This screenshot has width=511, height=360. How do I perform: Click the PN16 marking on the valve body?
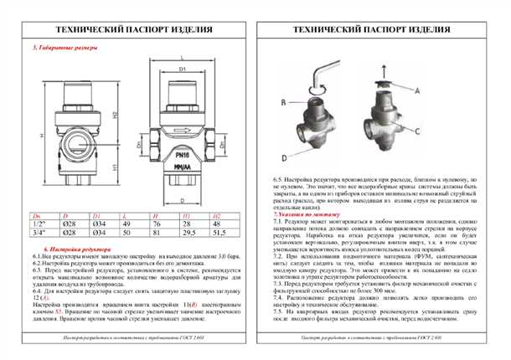coord(185,155)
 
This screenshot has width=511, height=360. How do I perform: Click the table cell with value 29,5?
coord(185,234)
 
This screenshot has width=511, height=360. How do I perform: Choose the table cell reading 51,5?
coord(216,234)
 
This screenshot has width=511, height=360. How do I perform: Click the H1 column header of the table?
coord(185,215)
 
